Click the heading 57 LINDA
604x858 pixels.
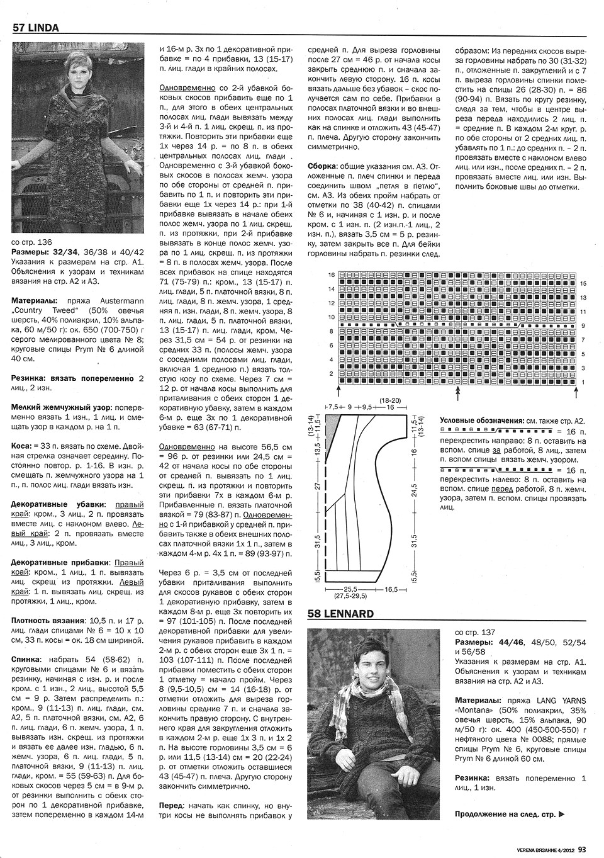tap(36, 28)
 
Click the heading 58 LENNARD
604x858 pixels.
tap(340, 614)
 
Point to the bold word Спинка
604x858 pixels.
tap(26, 658)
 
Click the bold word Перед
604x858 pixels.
tap(172, 805)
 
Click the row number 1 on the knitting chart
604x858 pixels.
tap(583, 382)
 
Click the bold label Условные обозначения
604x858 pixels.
tap(481, 421)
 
